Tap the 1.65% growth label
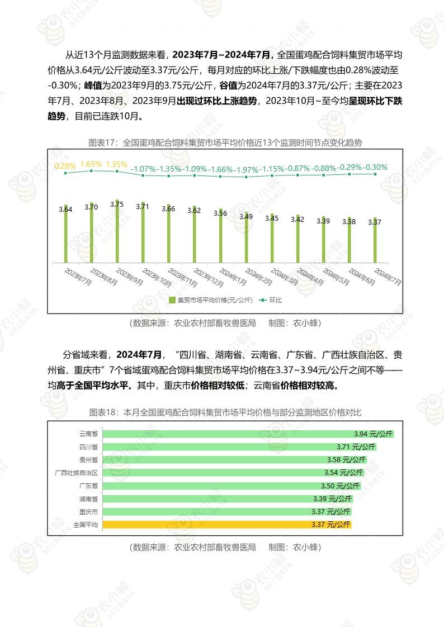pyautogui.click(x=91, y=164)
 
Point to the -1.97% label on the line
pyautogui.click(x=246, y=169)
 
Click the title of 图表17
pyautogui.click(x=225, y=142)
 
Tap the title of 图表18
pyautogui.click(x=225, y=412)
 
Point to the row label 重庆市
pyautogui.click(x=88, y=511)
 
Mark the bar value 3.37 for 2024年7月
pyautogui.click(x=375, y=222)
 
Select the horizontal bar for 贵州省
pyautogui.click(x=235, y=460)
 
